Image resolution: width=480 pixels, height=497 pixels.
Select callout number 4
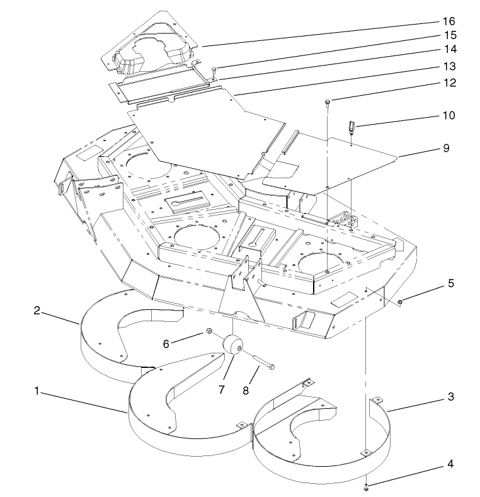coord(450,464)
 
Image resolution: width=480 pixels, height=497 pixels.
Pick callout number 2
coord(37,311)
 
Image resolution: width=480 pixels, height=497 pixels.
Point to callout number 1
coord(37,391)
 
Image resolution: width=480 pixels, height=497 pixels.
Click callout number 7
coord(222,390)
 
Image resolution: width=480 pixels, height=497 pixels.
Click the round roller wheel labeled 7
coord(232,346)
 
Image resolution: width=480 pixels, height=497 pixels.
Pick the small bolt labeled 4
coord(366,486)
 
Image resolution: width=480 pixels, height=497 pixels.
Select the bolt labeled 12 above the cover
coord(328,102)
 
